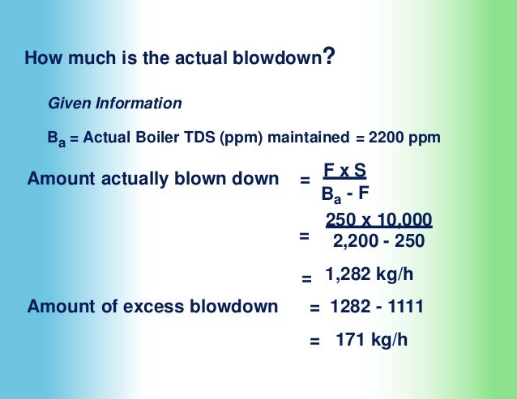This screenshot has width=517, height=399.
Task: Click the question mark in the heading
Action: click(x=328, y=57)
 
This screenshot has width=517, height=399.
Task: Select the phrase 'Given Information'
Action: click(x=115, y=104)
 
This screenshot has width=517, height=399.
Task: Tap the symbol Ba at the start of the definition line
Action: click(x=55, y=139)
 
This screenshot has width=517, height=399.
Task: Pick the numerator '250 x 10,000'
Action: click(x=378, y=220)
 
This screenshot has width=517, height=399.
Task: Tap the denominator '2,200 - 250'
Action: click(x=378, y=240)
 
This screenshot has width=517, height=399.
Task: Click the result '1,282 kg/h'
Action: click(x=370, y=274)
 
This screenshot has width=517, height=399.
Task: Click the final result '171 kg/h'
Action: click(x=371, y=339)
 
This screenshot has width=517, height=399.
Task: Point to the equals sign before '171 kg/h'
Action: click(x=315, y=342)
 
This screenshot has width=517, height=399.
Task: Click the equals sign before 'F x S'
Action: click(x=305, y=180)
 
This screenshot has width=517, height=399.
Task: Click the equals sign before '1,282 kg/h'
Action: click(x=307, y=278)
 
